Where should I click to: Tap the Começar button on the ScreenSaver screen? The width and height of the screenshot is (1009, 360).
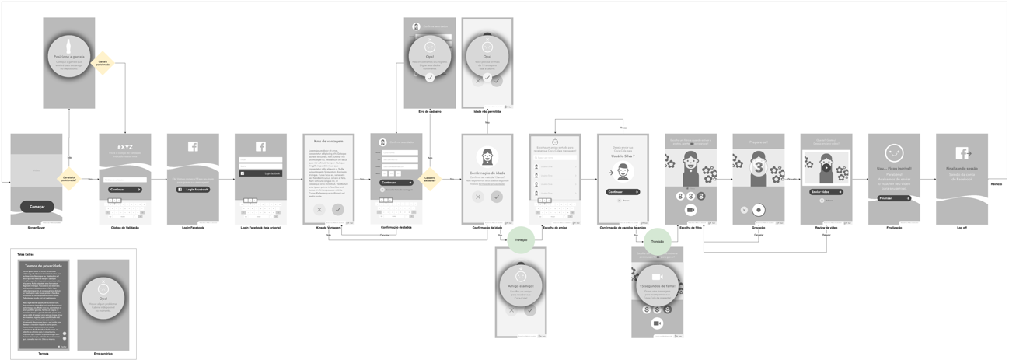pos(37,207)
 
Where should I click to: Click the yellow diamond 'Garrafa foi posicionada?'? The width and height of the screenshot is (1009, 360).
pos(70,179)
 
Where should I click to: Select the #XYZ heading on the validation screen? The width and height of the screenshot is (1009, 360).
pos(124,146)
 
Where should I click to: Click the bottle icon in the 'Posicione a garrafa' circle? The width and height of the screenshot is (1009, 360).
pos(69,46)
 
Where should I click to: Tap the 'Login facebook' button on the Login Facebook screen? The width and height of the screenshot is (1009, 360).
pos(193,189)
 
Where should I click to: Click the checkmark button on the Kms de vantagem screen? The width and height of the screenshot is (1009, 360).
pos(337,209)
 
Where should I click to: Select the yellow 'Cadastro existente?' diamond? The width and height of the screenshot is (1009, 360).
pos(430,179)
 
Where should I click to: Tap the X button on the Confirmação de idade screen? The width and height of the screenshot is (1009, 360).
pos(478,197)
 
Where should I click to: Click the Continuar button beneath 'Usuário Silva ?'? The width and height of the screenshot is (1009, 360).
pos(622,191)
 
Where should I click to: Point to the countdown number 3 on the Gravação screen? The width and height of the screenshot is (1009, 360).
pos(759,167)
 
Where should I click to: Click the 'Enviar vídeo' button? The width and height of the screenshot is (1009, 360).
pos(826,191)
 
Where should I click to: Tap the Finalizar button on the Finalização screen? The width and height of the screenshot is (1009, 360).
pos(893,198)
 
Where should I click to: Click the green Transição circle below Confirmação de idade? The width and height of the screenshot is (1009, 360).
pos(521,239)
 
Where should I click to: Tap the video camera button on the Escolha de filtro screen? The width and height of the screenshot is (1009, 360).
pos(690,210)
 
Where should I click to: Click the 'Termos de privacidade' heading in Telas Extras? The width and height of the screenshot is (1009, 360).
pos(44,266)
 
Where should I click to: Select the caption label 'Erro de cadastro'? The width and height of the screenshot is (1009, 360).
pos(429,112)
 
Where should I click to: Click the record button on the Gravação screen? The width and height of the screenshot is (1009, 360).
pos(759,210)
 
